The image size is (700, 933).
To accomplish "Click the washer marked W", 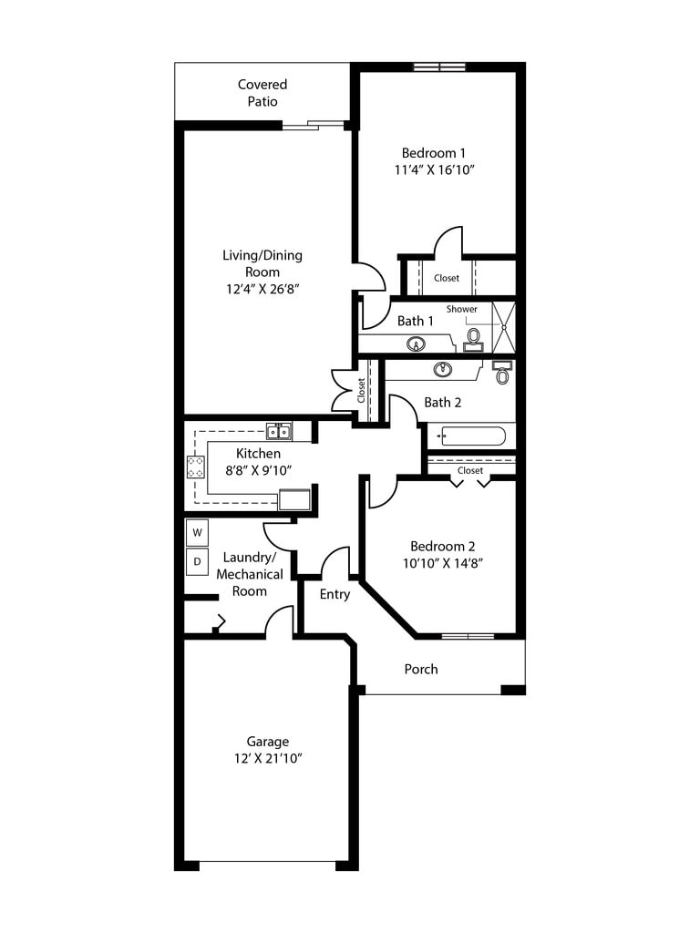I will (197, 531).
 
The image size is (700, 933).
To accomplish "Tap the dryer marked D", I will (197, 561).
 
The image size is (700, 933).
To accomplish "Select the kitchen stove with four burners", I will (196, 466).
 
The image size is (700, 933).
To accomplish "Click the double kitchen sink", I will (278, 431).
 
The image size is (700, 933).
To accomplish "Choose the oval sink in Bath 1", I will (416, 344).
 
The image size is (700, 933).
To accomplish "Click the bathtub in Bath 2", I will (471, 436).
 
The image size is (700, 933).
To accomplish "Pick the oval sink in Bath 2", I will (444, 369).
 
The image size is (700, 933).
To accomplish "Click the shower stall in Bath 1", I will (503, 325).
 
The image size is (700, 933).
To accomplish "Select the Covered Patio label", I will (262, 93).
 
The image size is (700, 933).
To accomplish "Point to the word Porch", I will (421, 669).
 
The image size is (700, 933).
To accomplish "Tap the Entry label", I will (335, 594).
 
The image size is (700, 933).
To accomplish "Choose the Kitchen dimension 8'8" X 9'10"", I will (258, 470).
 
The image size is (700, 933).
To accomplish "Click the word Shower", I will (461, 309).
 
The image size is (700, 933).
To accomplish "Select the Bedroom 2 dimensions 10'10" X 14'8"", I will (443, 563).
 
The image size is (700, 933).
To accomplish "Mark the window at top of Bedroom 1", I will (439, 67).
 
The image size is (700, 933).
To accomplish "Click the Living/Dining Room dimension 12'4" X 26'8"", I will (262, 289).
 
